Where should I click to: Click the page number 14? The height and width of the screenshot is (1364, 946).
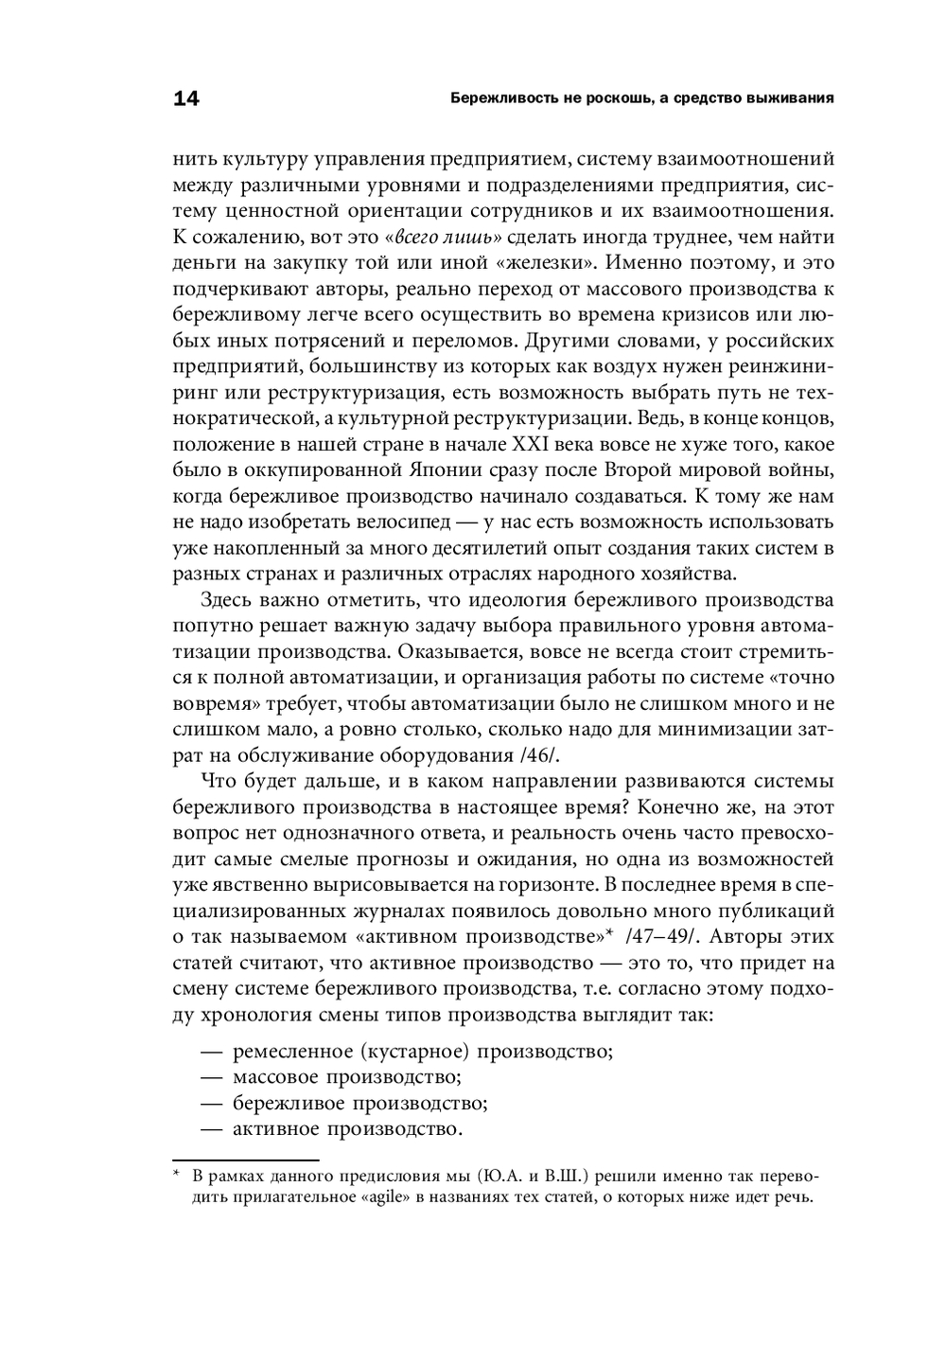point(186,98)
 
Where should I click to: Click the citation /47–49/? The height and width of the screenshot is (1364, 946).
point(663,937)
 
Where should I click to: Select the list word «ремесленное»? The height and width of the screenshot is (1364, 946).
point(291,1052)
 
